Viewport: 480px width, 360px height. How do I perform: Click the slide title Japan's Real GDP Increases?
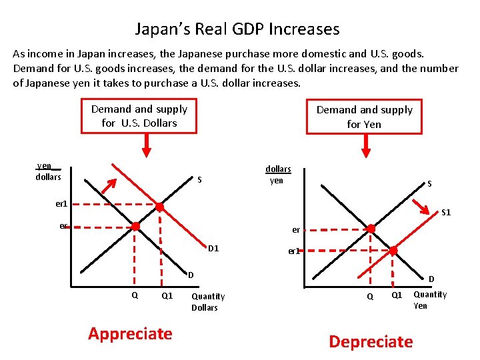click(x=237, y=30)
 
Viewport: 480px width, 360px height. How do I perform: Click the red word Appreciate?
click(x=130, y=334)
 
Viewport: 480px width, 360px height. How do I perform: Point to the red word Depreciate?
click(x=371, y=341)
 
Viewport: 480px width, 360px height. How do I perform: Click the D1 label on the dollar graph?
click(x=213, y=248)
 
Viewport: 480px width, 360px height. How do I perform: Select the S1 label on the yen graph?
click(x=446, y=213)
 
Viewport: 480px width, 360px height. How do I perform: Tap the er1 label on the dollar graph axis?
click(x=61, y=204)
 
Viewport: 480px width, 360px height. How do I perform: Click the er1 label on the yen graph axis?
click(x=294, y=251)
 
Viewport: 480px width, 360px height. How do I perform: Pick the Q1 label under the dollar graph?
click(x=167, y=296)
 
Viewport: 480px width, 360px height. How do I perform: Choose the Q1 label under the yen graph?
click(x=397, y=295)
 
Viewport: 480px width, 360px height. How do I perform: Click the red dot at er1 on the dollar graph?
click(x=159, y=207)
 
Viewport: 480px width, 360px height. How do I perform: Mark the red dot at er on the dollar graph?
click(x=135, y=226)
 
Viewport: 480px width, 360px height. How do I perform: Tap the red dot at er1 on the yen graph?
click(x=393, y=251)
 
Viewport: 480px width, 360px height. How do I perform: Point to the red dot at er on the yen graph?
click(x=371, y=229)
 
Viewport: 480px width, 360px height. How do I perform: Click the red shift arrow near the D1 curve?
click(x=109, y=186)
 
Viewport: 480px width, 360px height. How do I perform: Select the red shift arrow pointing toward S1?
click(x=421, y=206)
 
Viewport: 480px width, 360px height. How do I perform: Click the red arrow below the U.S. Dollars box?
click(x=147, y=145)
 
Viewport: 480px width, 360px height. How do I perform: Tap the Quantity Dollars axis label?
click(x=208, y=302)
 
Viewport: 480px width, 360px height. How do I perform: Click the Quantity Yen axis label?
click(x=430, y=300)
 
